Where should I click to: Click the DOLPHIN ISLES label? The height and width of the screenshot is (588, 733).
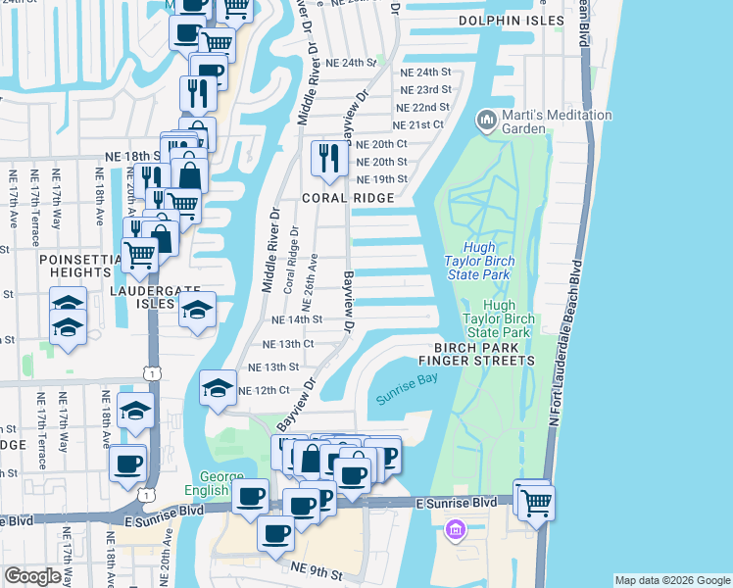[x=525, y=20]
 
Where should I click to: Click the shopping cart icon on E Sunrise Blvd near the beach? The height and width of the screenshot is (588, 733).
[x=535, y=502]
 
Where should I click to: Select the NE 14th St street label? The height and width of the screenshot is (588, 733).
[x=296, y=319]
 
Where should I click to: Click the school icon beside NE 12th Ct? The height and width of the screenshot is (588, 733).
[x=218, y=387]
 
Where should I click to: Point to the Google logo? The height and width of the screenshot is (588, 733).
[x=32, y=576]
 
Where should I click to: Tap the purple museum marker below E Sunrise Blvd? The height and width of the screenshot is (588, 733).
[x=454, y=531]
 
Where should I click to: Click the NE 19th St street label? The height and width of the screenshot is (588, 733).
[x=381, y=179]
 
